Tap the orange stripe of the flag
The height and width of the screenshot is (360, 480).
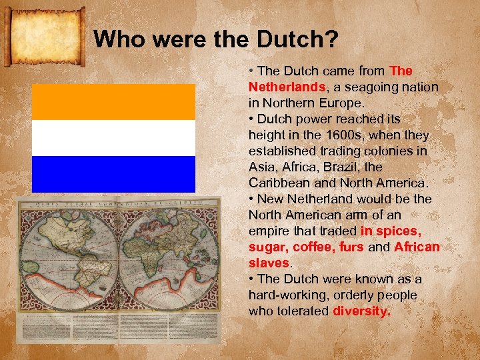point(113,102)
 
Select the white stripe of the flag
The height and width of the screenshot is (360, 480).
point(113,138)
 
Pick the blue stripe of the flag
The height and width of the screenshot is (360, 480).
point(113,174)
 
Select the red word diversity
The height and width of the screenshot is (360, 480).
point(361,311)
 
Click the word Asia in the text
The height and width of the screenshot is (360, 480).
point(261,167)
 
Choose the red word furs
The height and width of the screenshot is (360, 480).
point(351,247)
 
